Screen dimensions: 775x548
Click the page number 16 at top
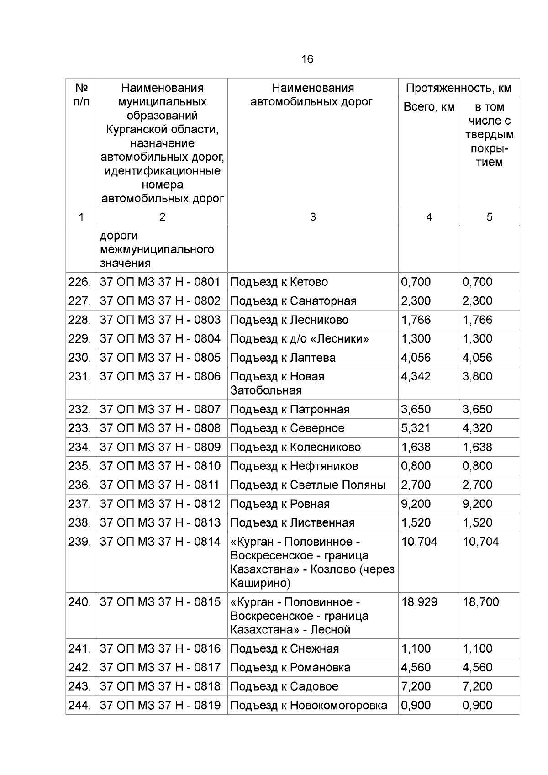pos(307,59)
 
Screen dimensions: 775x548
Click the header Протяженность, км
pos(458,88)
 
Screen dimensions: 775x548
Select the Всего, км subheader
pos(429,107)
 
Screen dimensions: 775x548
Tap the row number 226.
pos(80,282)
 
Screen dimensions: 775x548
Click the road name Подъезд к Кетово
pos(279,282)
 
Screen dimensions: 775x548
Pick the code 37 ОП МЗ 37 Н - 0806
pos(160,376)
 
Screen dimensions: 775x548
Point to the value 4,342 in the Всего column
pos(416,376)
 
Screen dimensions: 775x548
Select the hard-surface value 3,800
pos(477,376)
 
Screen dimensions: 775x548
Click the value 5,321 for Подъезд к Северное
pos(416,428)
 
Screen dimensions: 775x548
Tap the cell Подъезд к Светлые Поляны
pos(308,485)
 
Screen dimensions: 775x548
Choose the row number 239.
pos(80,542)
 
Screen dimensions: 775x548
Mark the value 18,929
pos(419,602)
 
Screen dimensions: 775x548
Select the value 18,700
pos(480,602)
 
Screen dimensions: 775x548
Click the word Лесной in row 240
pos(330,630)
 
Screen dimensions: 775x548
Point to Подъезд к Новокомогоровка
pos(309,705)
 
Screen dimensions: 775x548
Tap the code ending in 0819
pos(160,705)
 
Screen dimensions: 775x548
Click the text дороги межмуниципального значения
pos(157,249)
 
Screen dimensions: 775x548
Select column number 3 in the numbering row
pos(313,217)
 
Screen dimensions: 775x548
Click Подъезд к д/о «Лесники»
pos(300,338)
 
